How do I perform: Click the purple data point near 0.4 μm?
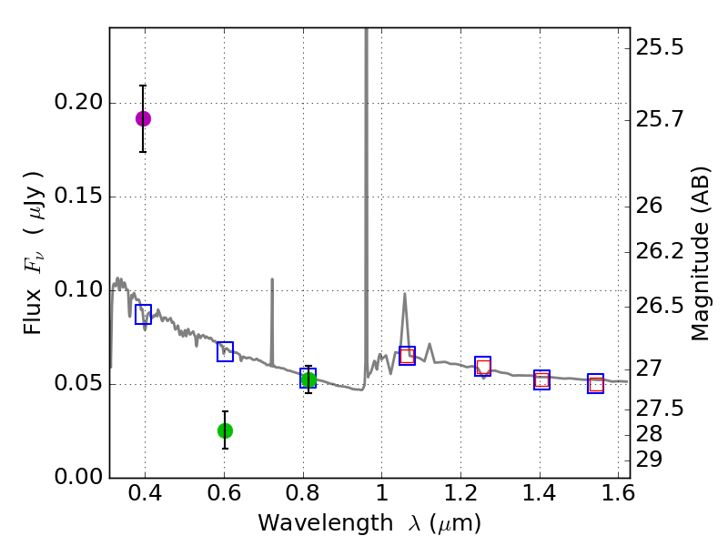click(x=143, y=118)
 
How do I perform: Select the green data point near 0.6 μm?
click(x=225, y=430)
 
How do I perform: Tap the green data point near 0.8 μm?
click(x=308, y=380)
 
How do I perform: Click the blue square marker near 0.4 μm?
click(x=143, y=314)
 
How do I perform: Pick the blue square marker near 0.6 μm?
click(x=225, y=351)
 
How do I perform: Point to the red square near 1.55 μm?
click(x=596, y=385)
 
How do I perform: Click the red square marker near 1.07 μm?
click(x=407, y=356)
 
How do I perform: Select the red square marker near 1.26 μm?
click(x=483, y=368)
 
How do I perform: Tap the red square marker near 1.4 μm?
click(x=542, y=381)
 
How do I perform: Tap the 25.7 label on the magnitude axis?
click(x=660, y=119)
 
